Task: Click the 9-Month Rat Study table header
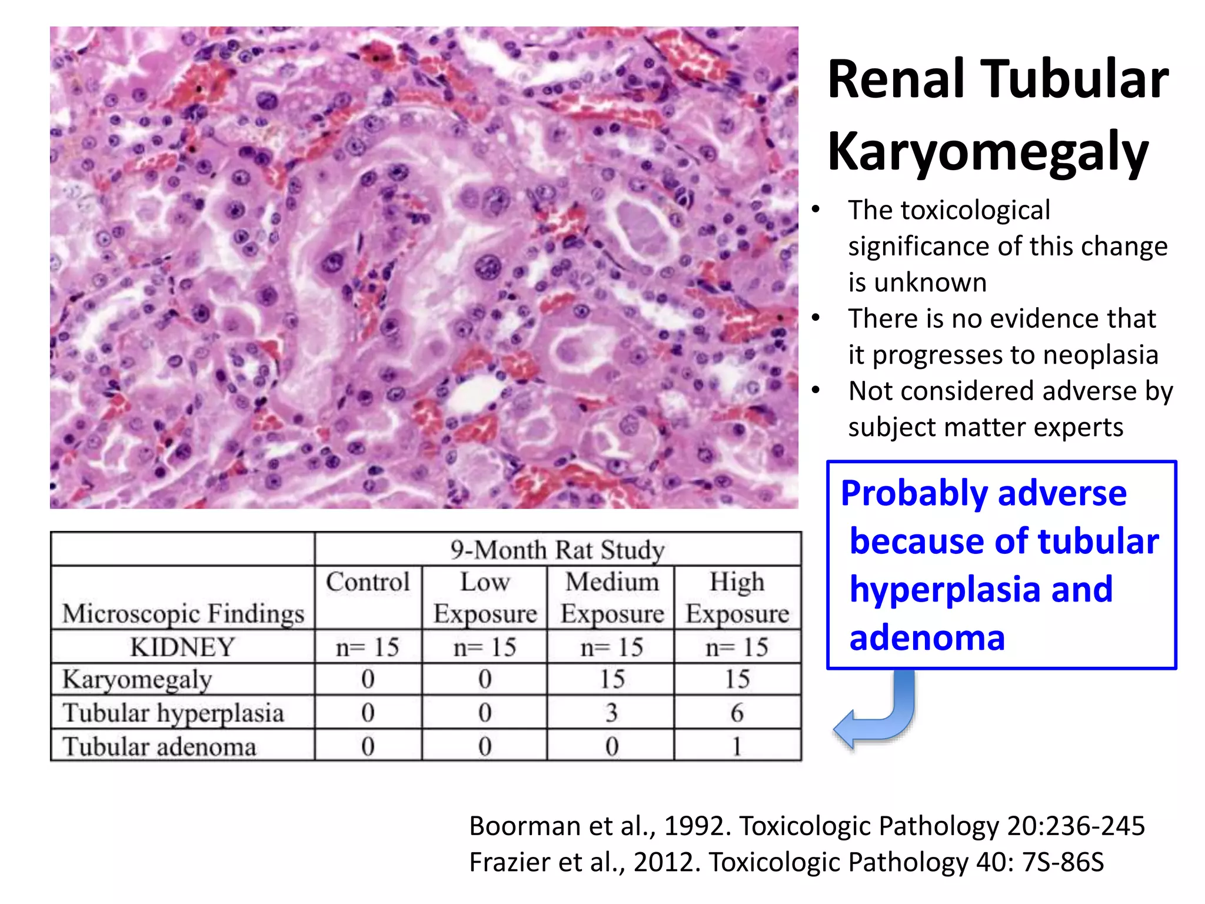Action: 557,550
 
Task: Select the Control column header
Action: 368,582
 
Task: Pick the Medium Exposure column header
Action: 612,597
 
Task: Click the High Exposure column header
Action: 737,597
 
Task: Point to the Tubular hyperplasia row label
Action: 173,713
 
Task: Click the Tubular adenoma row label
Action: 159,746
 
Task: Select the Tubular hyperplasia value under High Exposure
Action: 737,713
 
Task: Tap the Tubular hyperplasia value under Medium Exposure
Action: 612,713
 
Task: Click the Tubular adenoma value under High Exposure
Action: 737,746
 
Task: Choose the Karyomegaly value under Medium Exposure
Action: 612,679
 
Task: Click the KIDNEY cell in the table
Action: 182,647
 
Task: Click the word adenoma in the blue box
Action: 927,638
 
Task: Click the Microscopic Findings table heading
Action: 183,613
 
